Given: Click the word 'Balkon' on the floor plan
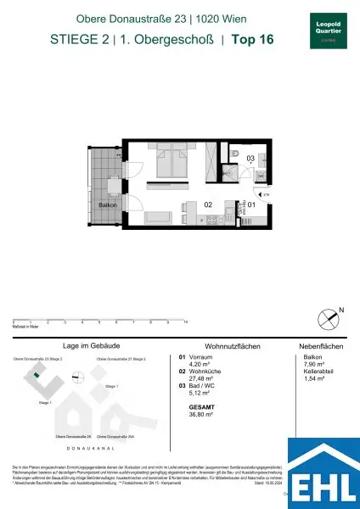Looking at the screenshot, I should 107,205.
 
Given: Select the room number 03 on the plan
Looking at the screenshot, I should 250,159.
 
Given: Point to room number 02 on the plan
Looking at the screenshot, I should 206,204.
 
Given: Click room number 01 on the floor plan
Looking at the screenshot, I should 250,204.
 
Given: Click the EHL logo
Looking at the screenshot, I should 323,473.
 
